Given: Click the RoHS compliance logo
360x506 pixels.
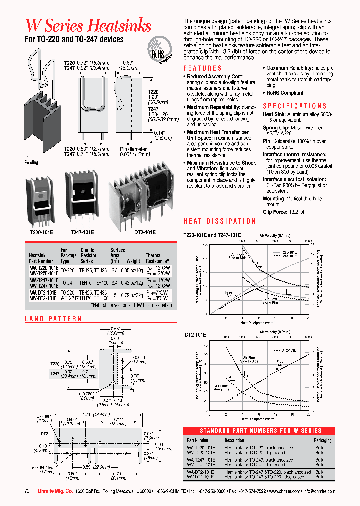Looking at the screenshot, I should [159, 51].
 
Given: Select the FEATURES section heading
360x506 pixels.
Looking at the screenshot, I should [202, 68].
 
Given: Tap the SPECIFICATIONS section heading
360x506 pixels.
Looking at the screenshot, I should [295, 106].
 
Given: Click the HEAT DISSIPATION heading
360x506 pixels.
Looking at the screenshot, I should [220, 221].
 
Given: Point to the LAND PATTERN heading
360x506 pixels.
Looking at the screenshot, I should [53, 319].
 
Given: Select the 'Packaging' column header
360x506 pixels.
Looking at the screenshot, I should [322, 440].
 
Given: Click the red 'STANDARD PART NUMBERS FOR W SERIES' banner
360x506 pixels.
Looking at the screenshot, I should [260, 430].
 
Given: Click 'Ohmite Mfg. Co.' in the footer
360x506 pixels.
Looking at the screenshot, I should [55, 491].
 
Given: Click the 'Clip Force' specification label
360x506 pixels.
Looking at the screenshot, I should [274, 212].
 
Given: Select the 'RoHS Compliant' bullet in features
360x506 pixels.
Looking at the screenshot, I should [284, 93].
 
